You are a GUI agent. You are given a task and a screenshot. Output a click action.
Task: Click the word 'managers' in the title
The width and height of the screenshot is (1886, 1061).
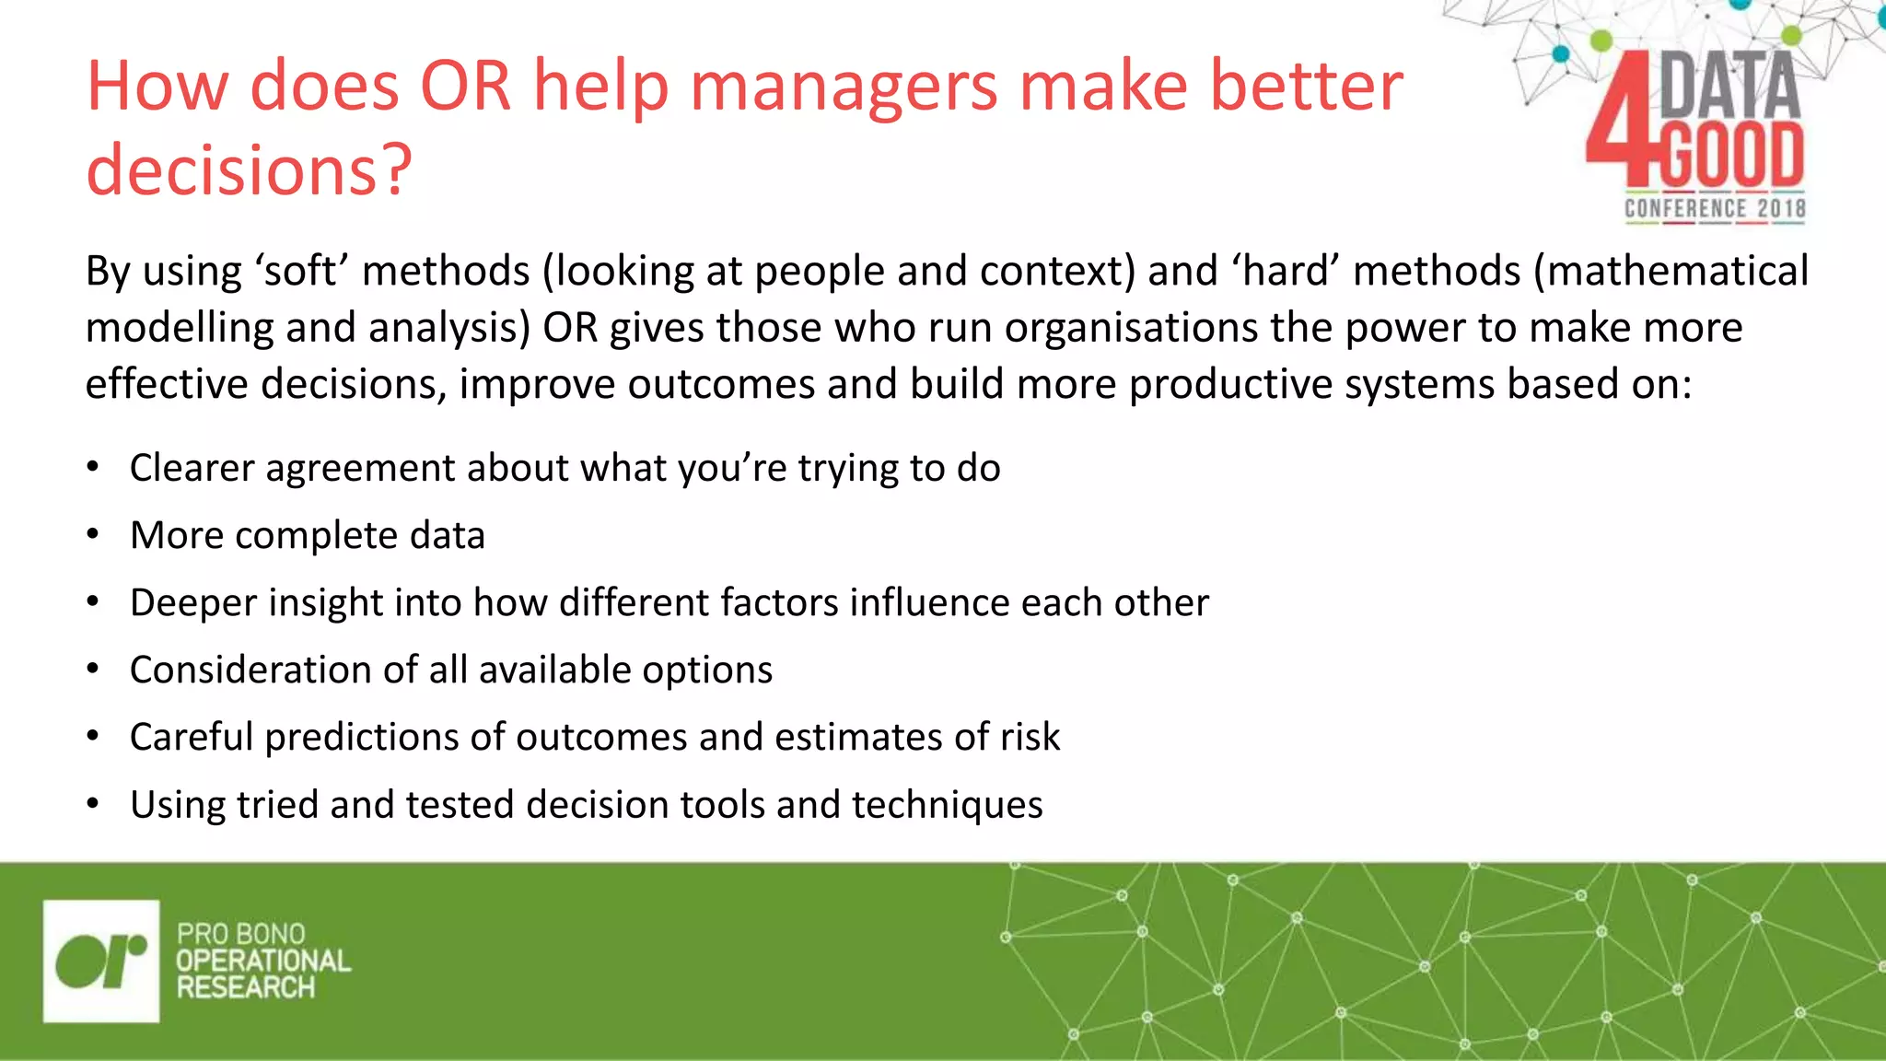pyautogui.click(x=844, y=87)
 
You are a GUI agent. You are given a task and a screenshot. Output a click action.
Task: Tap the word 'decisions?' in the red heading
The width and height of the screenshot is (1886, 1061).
pyautogui.click(x=249, y=170)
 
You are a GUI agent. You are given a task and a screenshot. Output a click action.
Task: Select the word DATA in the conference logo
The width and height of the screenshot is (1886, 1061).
pyautogui.click(x=1729, y=86)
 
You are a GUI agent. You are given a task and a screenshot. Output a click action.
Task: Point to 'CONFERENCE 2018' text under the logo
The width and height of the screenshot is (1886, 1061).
pyautogui.click(x=1714, y=209)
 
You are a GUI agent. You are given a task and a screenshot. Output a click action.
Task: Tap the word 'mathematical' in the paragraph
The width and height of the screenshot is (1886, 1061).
pyautogui.click(x=1671, y=272)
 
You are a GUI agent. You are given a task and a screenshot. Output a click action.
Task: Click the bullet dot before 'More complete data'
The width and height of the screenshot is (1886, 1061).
pyautogui.click(x=92, y=535)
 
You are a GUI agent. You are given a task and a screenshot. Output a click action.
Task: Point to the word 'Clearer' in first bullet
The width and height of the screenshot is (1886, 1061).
pyautogui.click(x=192, y=468)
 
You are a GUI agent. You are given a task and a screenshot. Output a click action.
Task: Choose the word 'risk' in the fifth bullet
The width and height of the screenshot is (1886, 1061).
pyautogui.click(x=1030, y=737)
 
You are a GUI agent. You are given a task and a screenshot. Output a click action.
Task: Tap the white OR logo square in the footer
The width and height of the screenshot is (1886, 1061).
pyautogui.click(x=101, y=961)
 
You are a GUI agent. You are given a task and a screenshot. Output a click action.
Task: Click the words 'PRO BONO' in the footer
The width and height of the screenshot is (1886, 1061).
pyautogui.click(x=240, y=934)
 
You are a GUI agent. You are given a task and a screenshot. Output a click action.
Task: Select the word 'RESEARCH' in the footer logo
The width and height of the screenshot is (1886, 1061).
pyautogui.click(x=246, y=988)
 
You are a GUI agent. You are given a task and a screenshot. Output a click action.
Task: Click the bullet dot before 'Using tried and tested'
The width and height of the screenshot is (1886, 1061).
pyautogui.click(x=92, y=805)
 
